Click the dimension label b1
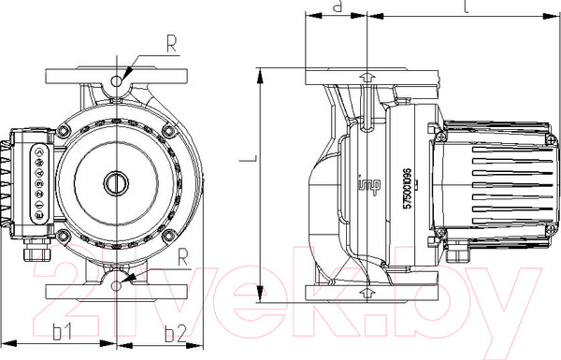[x=62, y=332]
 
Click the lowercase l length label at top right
[x=465, y=8]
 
